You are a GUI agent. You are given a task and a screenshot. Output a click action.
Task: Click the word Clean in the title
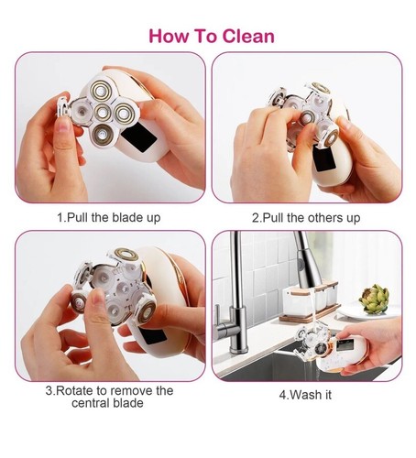click(x=239, y=37)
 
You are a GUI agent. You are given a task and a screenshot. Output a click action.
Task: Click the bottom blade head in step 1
click(x=101, y=137)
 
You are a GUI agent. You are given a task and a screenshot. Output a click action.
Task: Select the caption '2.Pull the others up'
click(x=306, y=218)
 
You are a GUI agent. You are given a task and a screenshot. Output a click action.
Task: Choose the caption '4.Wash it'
click(x=306, y=397)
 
